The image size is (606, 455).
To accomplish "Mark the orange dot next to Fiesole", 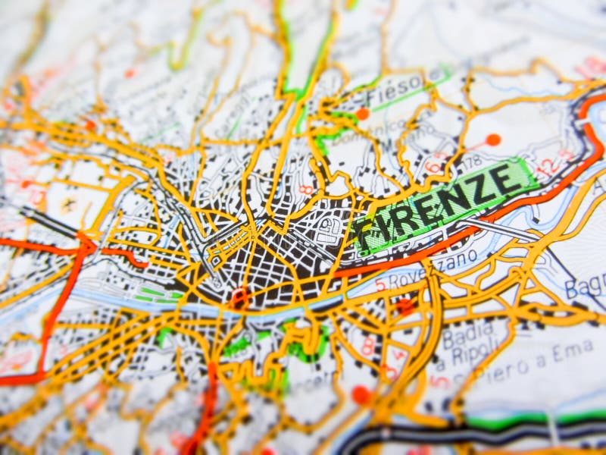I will tap(363, 114).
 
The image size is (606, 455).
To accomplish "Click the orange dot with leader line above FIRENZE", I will tap(493, 140).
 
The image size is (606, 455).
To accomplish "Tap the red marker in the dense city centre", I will tap(240, 296).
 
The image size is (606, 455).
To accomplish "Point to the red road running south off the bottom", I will tap(201, 425).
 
